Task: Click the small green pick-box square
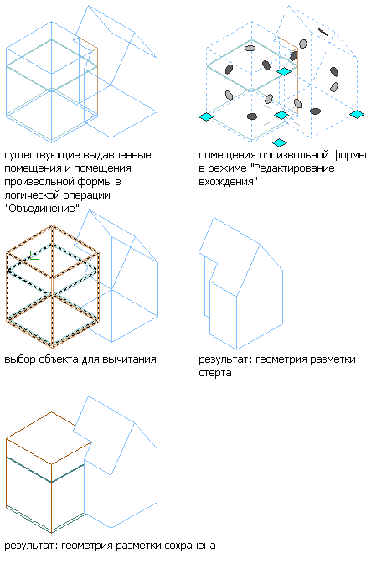[x=34, y=255]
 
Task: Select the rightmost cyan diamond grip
[x=356, y=114]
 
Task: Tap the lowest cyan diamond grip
[x=280, y=142]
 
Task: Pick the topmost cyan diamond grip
[x=284, y=71]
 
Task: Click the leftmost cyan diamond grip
[x=206, y=116]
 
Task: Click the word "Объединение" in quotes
[x=42, y=209]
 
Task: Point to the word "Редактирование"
[x=294, y=168]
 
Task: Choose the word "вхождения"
[x=228, y=182]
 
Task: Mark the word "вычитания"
[x=130, y=359]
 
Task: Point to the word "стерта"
[x=215, y=373]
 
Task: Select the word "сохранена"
[x=190, y=546]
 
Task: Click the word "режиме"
[x=227, y=168]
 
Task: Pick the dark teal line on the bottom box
[x=45, y=469]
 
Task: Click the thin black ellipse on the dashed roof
[x=322, y=32]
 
